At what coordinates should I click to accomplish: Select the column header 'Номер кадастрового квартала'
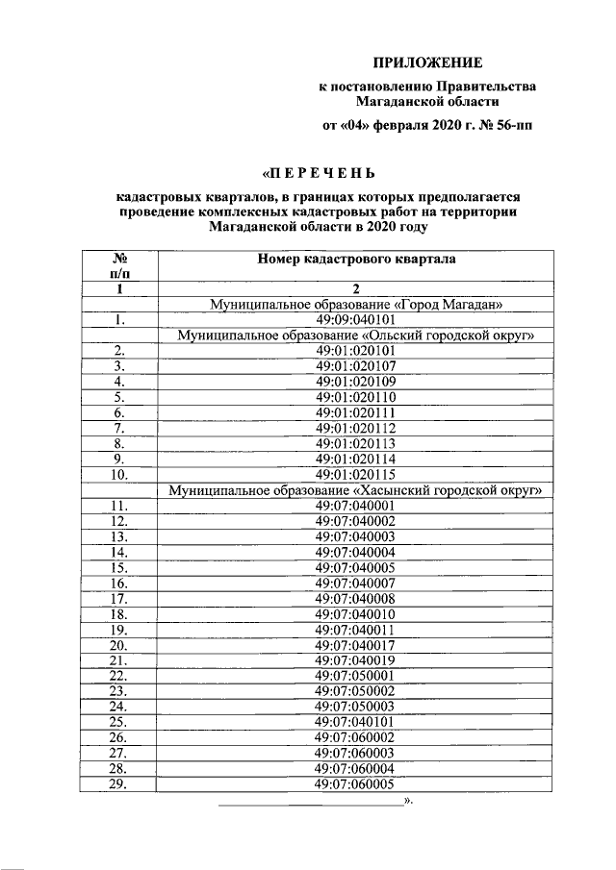356,259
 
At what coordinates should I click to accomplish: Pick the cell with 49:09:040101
356,320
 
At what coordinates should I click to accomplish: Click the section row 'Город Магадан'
356,305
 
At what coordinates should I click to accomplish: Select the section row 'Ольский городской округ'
356,336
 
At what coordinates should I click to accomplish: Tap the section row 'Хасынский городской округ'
356,489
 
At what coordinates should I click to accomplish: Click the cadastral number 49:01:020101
356,351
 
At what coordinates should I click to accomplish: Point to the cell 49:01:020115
356,474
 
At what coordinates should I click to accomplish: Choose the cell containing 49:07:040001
356,505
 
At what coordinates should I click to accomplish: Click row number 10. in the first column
120,474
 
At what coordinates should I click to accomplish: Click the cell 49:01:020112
356,428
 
